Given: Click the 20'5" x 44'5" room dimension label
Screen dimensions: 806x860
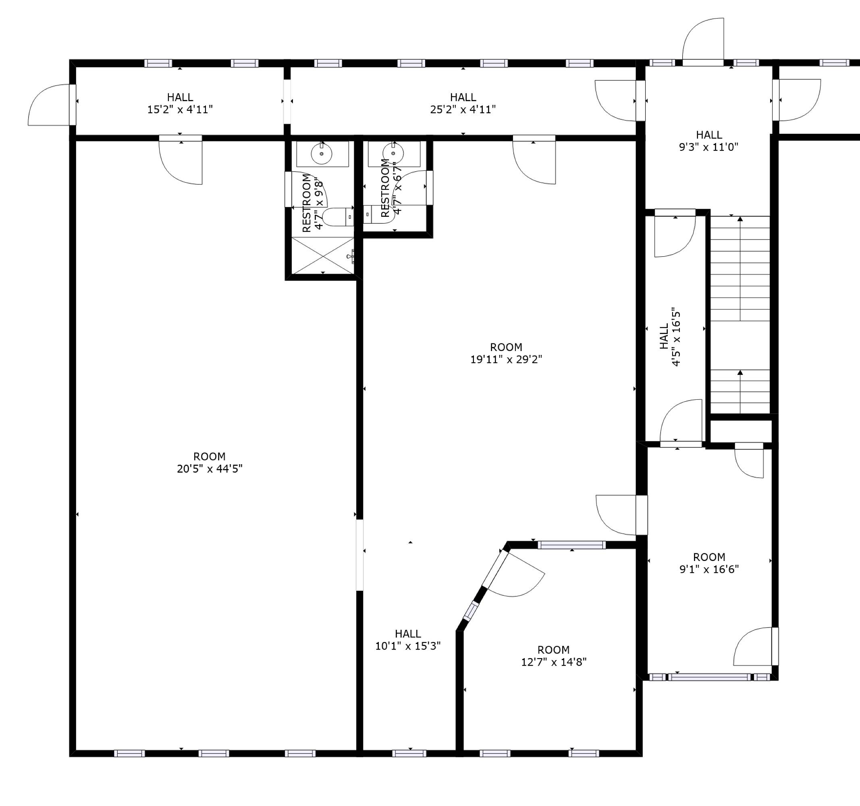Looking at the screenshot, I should tap(210, 469).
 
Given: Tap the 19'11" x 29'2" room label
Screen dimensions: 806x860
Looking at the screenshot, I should tap(506, 359).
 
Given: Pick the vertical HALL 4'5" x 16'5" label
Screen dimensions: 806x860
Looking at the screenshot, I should tap(670, 337).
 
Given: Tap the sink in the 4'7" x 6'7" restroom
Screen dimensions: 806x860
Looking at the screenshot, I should tap(393, 153).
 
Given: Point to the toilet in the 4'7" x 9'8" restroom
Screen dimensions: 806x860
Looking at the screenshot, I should tap(337, 217).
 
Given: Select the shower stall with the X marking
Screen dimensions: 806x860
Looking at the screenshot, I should tap(323, 256).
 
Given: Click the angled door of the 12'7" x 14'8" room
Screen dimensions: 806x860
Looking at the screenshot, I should tap(515, 575).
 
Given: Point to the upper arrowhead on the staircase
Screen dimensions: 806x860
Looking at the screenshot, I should tap(740, 220).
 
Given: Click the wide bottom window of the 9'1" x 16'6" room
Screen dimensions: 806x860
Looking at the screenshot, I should tap(709, 677).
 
